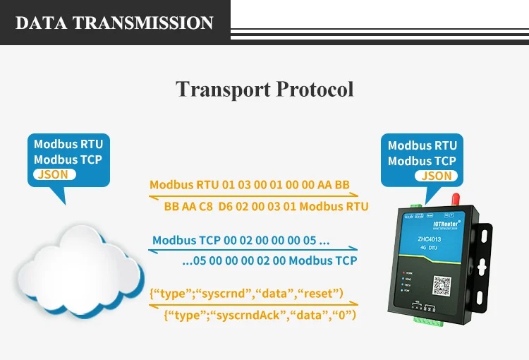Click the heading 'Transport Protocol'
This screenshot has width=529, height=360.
264,90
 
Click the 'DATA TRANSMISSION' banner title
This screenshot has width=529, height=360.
114,23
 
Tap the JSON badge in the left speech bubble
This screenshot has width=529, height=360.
54,174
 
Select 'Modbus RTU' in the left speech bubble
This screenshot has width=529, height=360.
68,144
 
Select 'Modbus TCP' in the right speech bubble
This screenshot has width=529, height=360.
422,161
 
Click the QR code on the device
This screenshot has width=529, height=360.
441,286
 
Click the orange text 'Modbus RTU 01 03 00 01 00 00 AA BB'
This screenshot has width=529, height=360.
250,185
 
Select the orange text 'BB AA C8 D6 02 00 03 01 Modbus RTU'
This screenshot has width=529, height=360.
266,207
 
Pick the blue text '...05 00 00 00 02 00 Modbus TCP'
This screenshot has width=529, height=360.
269,260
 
